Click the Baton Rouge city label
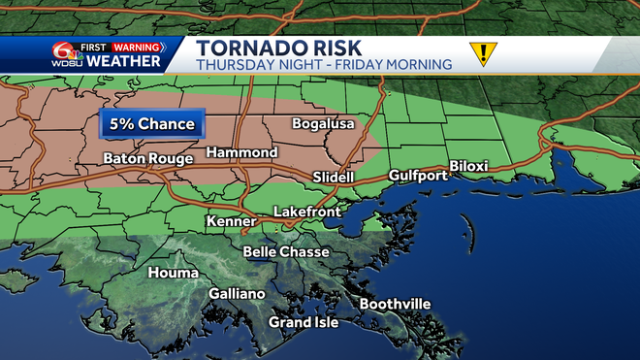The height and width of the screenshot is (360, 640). point(144,159)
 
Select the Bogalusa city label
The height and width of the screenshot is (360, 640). point(324,124)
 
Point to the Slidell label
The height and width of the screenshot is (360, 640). point(335,178)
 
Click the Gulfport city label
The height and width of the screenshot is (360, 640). point(418,176)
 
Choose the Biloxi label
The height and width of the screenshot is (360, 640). point(468,167)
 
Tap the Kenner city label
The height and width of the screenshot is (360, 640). point(230,222)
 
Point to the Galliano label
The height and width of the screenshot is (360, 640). point(237,294)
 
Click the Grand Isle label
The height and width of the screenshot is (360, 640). point(304,322)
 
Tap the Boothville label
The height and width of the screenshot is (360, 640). point(395,305)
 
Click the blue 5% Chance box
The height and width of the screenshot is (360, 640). point(150,124)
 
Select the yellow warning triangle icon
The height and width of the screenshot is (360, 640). point(482,53)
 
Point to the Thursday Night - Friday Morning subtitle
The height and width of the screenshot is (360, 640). point(323,65)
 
